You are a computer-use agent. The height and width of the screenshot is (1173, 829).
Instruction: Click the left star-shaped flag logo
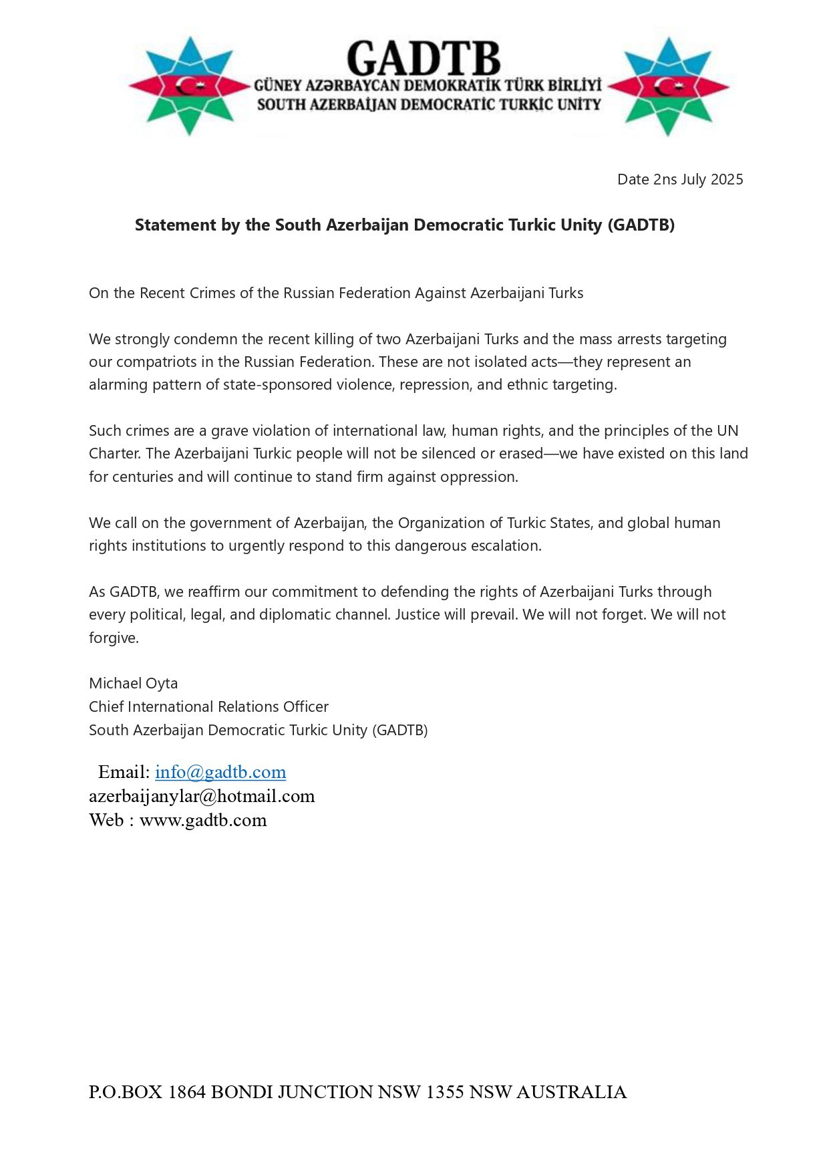[190, 86]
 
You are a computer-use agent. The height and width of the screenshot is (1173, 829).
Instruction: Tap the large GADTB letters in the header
[424, 59]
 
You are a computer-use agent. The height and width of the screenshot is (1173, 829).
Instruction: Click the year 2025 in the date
[727, 179]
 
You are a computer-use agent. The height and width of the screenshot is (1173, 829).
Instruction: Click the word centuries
[141, 477]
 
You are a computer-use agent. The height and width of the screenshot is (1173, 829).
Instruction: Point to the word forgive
[113, 638]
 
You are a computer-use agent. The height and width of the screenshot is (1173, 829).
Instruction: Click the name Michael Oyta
[134, 684]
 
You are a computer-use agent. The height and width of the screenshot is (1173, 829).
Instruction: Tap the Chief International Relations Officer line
[208, 707]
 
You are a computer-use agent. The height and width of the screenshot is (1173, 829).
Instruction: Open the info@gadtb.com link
[220, 772]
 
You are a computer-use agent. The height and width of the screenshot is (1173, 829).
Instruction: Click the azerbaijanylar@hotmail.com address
[202, 796]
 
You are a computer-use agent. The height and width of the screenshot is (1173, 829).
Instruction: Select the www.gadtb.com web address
[203, 820]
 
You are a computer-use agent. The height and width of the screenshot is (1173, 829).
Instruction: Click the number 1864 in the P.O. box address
[186, 1092]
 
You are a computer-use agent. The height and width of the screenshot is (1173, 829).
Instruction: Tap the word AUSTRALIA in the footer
[571, 1092]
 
